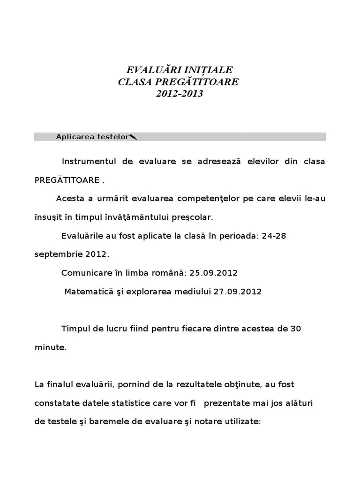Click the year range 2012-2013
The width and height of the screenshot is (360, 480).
[x=179, y=93]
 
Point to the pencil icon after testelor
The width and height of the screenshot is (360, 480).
[x=133, y=137]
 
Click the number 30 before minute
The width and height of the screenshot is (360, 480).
[x=295, y=329]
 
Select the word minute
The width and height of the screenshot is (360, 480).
[x=50, y=347]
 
